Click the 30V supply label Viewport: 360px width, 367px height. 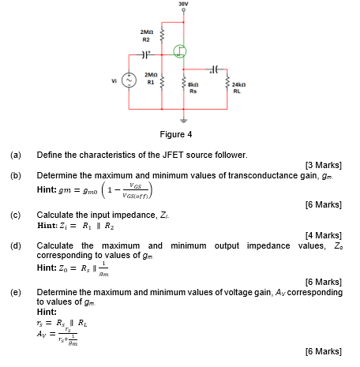point(183,5)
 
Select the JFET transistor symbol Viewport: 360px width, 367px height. point(181,54)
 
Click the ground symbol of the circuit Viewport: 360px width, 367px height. point(184,121)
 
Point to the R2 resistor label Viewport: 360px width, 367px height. point(145,37)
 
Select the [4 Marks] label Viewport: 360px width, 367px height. point(323,235)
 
